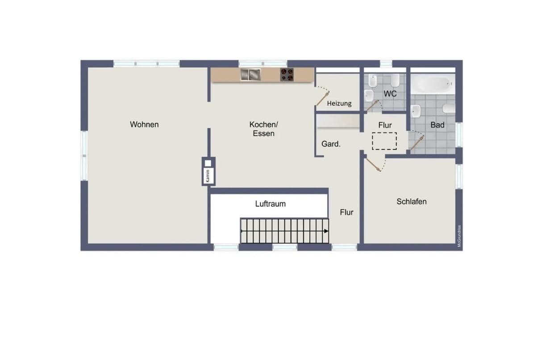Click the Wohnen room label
pos(144,125)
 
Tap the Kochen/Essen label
pos(263,129)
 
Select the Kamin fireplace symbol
pos(208,172)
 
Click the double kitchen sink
pos(250,74)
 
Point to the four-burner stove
pos(287,74)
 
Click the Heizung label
pos(339,104)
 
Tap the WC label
pos(390,94)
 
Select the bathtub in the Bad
pos(432,84)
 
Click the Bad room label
pos(437,125)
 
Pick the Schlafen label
pos(412,202)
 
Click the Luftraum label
pos(270,204)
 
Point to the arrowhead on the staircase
pos(326,231)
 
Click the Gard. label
pos(331,144)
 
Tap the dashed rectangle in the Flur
pos(384,141)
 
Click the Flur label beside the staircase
pos(347,213)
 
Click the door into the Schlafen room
pos(374,163)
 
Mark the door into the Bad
pos(417,142)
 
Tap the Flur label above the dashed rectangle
pos(385,126)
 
